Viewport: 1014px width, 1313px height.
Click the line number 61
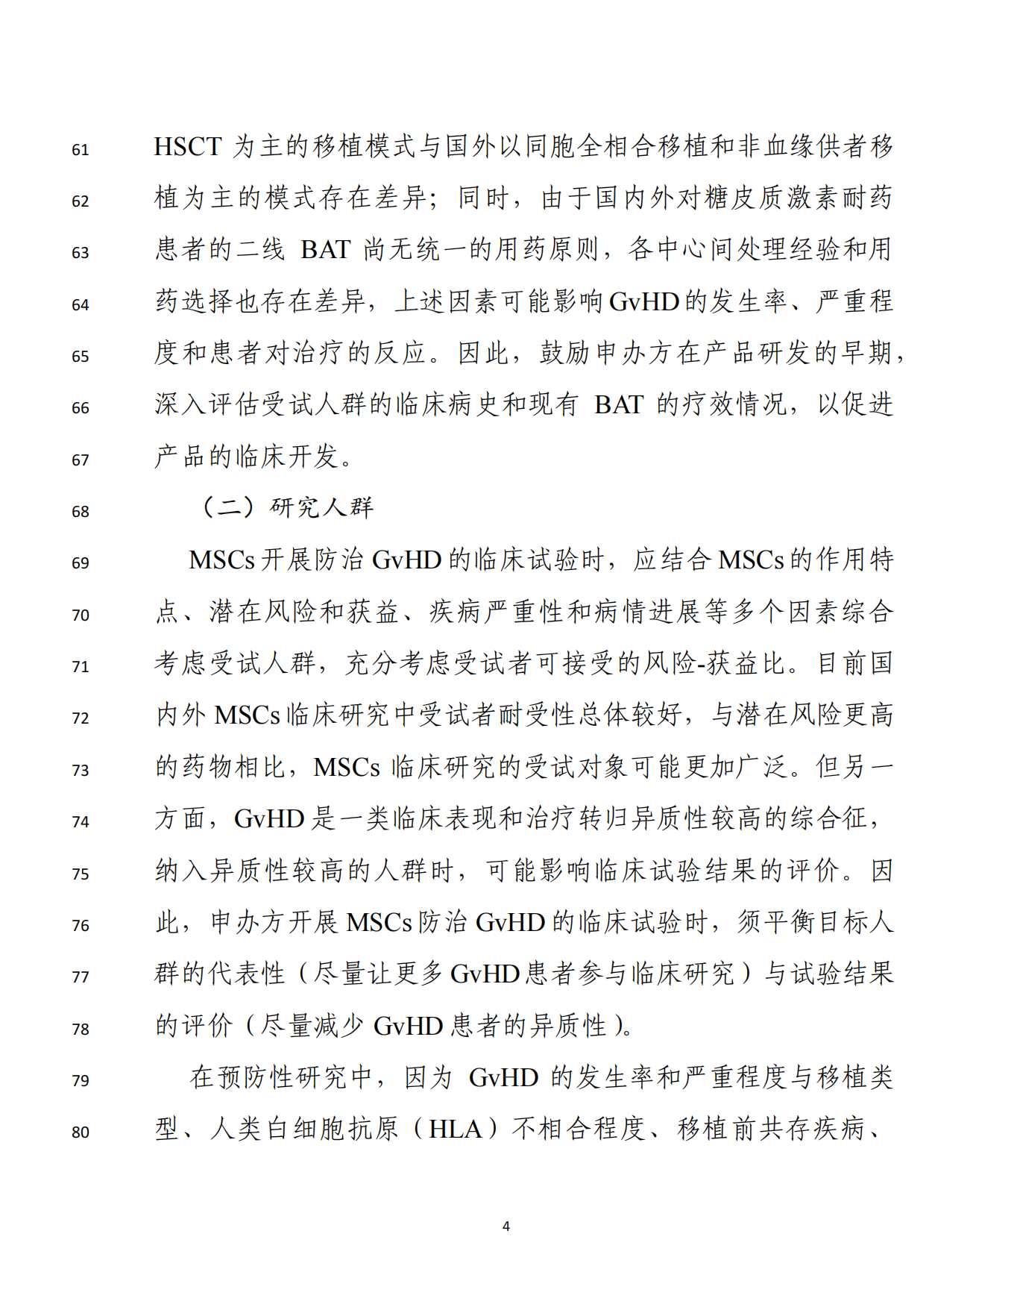(81, 150)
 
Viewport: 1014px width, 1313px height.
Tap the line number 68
(81, 512)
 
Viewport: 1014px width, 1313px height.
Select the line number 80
(81, 1132)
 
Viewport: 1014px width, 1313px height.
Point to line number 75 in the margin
(81, 874)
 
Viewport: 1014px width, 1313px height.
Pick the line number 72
(81, 718)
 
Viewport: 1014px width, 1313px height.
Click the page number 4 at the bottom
(506, 1226)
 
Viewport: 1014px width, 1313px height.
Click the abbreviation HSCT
(188, 147)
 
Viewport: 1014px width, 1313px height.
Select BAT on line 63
(325, 250)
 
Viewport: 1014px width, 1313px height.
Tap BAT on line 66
(619, 405)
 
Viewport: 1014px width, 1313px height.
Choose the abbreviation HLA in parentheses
(456, 1129)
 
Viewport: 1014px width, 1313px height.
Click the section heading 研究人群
(321, 508)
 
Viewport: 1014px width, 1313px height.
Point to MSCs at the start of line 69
(222, 560)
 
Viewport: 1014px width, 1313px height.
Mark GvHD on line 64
(644, 302)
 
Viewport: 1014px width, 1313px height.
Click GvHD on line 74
(269, 819)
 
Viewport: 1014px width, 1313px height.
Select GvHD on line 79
(504, 1078)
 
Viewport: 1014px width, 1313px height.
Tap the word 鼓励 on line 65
(566, 353)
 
